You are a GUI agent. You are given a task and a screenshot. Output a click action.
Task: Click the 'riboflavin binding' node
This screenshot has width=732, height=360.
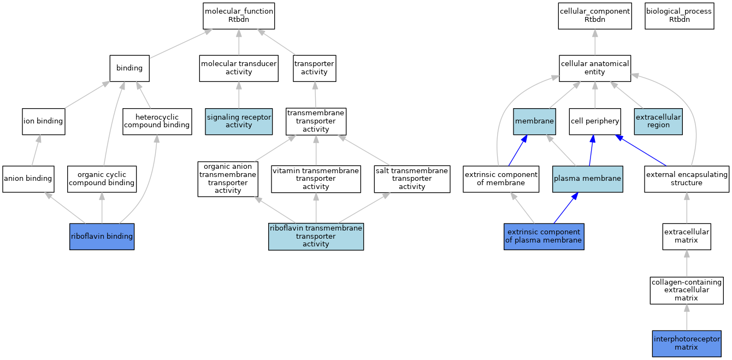[102, 237]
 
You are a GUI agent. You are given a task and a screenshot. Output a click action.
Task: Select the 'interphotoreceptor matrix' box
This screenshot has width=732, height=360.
[687, 344]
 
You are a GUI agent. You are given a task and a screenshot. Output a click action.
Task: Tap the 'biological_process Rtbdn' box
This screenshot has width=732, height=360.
[680, 16]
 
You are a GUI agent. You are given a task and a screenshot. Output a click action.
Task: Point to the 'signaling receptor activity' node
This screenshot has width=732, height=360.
[239, 121]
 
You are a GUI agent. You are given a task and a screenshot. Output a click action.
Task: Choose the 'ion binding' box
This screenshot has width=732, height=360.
[44, 121]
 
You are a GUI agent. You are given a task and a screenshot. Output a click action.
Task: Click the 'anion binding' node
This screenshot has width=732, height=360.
[28, 179]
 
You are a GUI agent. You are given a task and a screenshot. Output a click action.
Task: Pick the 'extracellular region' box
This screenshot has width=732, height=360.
[658, 121]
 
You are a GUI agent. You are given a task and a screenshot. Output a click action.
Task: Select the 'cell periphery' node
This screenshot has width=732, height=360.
[595, 121]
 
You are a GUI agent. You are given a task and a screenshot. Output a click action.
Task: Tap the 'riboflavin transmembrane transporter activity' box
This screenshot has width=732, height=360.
[316, 237]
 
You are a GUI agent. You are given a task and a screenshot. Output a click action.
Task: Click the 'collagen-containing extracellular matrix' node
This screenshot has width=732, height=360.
[687, 290]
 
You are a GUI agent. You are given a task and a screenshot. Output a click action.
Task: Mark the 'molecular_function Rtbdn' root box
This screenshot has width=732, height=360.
[239, 16]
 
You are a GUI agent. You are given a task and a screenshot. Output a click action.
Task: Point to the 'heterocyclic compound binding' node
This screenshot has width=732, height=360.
[157, 121]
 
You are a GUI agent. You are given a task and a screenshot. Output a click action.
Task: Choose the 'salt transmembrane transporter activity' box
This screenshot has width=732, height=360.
[412, 179]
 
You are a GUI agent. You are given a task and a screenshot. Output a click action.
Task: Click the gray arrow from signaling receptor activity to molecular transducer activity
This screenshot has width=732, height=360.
[239, 95]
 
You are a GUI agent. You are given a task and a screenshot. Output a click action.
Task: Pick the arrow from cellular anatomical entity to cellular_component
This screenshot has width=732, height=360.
[595, 42]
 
